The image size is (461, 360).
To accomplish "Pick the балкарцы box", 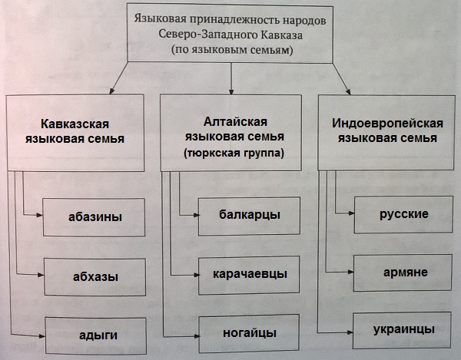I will pyautogui.click(x=244, y=214).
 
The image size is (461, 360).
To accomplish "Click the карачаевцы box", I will pyautogui.click(x=244, y=273).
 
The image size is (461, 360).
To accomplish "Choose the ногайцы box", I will pyautogui.click(x=244, y=333).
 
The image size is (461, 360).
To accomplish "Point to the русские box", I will pyautogui.click(x=403, y=213).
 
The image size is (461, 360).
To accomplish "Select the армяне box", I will pyautogui.click(x=403, y=272).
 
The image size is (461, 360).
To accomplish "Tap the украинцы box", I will pyautogui.click(x=403, y=329).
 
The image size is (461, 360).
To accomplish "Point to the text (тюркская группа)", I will pyautogui.click(x=233, y=154).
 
